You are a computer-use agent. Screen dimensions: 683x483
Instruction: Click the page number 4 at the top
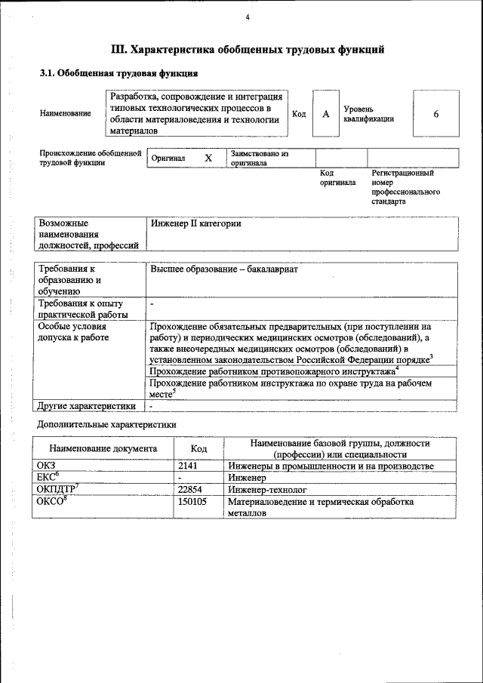tap(247, 17)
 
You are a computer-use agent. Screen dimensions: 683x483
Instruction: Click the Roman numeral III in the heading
tap(118, 51)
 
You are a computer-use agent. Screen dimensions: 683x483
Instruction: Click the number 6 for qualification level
tap(435, 114)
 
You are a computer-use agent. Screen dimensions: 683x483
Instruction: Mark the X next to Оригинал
tap(208, 158)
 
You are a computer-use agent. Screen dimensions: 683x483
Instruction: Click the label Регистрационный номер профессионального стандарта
tap(405, 187)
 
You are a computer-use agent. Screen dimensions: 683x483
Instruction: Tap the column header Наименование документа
tap(103, 448)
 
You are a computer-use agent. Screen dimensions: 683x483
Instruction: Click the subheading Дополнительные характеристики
tap(107, 425)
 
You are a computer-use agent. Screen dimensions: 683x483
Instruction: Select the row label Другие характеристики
tap(86, 406)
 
